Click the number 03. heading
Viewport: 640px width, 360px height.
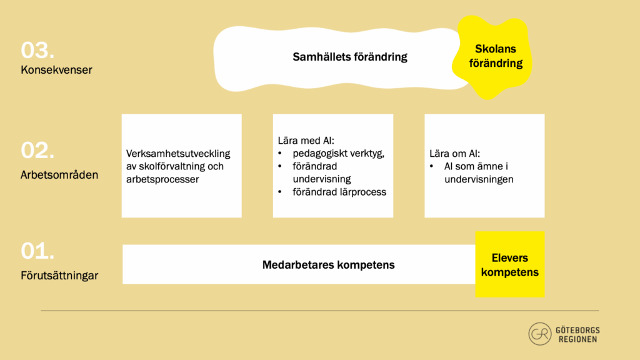tap(37, 50)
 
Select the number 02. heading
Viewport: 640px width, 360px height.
tap(37, 150)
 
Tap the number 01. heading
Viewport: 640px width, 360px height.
tap(37, 251)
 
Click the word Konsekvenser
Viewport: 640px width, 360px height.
tap(56, 70)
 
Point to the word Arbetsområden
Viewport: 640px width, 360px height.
tap(59, 175)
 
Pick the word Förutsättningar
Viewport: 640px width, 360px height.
tap(59, 276)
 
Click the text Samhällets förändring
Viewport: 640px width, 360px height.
tap(350, 57)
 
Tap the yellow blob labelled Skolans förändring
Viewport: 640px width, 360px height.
tap(492, 57)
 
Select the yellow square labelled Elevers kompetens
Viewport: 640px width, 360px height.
tap(510, 264)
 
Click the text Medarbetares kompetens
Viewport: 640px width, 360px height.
tap(328, 265)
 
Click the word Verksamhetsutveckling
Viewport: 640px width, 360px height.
tap(178, 154)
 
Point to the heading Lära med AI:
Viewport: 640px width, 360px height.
tap(306, 141)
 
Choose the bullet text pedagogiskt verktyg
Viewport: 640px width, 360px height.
tap(338, 154)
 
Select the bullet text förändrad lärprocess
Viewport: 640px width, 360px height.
tap(339, 192)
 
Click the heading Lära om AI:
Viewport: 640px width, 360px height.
tap(455, 154)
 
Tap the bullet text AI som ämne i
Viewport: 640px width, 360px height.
tap(476, 166)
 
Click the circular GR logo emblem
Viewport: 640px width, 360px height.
tap(540, 334)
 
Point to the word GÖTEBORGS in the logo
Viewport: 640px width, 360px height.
tap(577, 330)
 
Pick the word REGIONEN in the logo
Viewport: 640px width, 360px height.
tap(577, 339)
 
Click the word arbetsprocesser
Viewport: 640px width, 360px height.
tap(162, 179)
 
